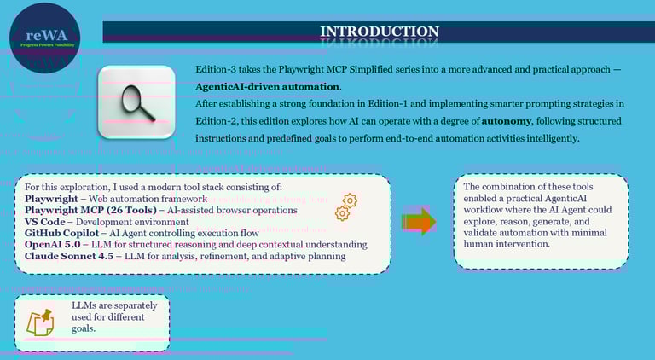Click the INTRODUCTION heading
[379, 32]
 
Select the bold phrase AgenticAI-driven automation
[268, 86]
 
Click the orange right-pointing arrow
[418, 222]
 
